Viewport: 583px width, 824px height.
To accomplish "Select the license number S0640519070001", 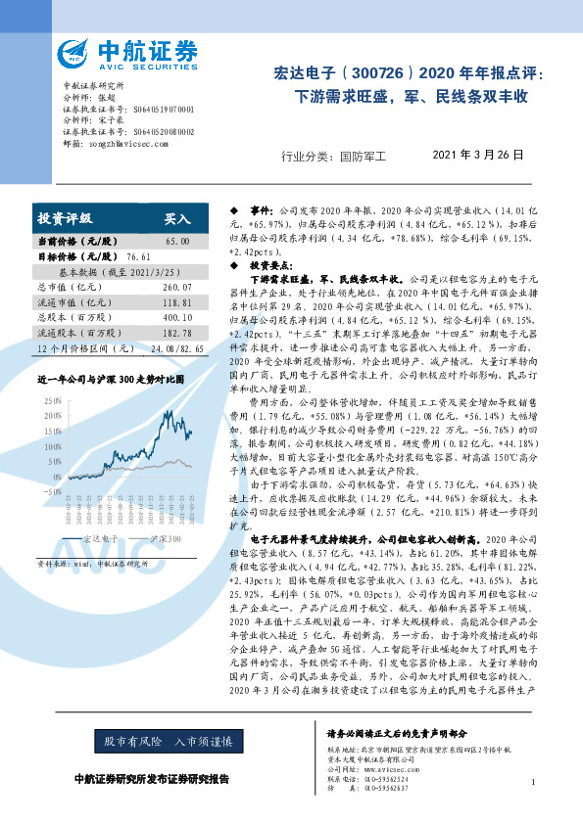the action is coord(162,109).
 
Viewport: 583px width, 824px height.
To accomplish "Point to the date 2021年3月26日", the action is coord(478,155).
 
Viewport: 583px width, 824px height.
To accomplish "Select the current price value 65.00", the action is coord(177,241).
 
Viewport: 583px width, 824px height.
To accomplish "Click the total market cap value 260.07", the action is coord(177,287).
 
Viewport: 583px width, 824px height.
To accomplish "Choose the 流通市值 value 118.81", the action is coord(177,302).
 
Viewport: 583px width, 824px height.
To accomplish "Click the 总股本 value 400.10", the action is coord(177,318).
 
